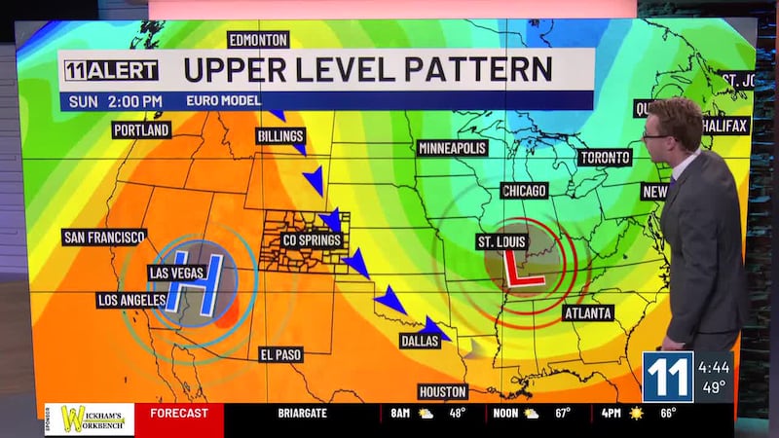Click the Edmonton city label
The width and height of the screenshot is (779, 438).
(258, 40)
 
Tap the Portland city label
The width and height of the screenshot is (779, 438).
(141, 129)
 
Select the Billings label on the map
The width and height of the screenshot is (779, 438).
(281, 136)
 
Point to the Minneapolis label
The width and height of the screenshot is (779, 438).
(453, 149)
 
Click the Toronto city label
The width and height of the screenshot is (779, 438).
(606, 158)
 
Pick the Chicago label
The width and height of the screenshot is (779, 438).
(524, 191)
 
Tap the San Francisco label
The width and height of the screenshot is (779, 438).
(104, 237)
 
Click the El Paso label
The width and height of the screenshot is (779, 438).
(281, 355)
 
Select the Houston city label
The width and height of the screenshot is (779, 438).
(443, 391)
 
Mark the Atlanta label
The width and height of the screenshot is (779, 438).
(588, 313)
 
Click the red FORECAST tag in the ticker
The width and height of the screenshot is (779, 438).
(179, 413)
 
